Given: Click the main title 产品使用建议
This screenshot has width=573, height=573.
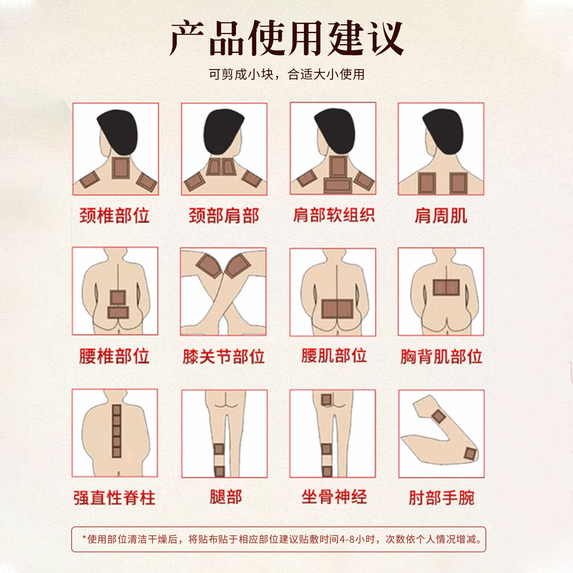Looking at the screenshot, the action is click(x=286, y=38).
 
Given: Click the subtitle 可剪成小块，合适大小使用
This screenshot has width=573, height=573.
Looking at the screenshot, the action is click(x=286, y=74).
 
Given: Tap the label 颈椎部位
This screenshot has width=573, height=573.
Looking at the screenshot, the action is click(x=115, y=215).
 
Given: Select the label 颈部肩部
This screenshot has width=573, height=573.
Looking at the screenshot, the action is click(x=224, y=215).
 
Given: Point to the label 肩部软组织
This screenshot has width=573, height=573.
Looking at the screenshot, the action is click(x=333, y=215).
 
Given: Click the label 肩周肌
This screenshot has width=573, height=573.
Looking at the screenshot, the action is click(x=441, y=216).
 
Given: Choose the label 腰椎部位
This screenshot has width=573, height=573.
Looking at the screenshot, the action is click(x=114, y=356).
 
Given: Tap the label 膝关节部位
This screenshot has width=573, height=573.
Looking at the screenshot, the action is click(x=224, y=356).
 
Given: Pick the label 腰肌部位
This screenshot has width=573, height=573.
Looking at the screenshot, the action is click(x=334, y=355).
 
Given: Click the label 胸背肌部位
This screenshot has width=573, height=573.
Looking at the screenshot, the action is click(x=441, y=356).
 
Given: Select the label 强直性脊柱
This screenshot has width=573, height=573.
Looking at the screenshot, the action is click(x=115, y=498).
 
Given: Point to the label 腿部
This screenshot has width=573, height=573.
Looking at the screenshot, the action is click(x=226, y=497).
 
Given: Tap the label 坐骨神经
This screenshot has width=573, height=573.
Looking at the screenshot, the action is click(x=334, y=497).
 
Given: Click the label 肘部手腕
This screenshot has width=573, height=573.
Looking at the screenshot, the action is click(x=442, y=498).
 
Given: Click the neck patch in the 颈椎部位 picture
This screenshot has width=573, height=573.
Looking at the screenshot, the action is click(x=121, y=168).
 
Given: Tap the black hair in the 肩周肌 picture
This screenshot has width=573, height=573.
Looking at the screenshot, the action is click(x=444, y=131).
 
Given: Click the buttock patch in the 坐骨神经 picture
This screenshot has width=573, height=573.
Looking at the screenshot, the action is click(x=326, y=400).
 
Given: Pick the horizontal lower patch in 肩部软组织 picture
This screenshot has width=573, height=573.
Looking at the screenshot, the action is click(x=338, y=185).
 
